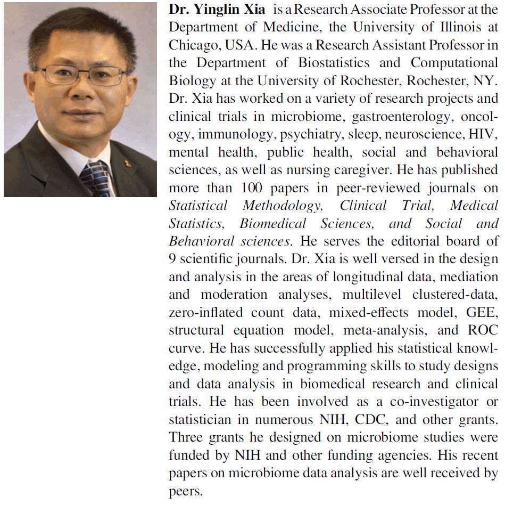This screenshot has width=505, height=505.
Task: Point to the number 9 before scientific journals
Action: click(x=172, y=259)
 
